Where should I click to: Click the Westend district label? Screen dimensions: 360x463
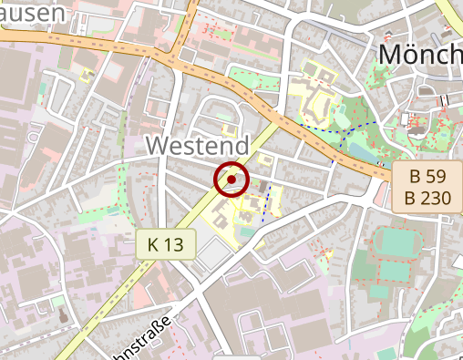(x=197, y=146)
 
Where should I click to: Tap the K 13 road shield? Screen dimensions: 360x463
(x=167, y=243)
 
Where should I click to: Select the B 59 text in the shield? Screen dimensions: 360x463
(x=423, y=178)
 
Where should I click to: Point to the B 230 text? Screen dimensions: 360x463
(x=423, y=198)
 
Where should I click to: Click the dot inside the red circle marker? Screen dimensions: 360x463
(x=231, y=180)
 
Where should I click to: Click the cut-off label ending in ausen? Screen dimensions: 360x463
(x=33, y=12)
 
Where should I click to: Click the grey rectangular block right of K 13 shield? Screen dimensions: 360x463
(x=212, y=255)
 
